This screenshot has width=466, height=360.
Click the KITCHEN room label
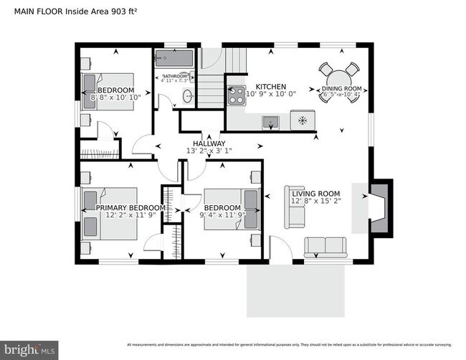[266, 86]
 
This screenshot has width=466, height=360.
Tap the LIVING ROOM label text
[315, 193]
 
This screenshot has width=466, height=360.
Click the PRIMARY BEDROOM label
[130, 208]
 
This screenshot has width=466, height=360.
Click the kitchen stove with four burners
[236, 95]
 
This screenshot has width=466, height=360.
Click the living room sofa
[325, 247]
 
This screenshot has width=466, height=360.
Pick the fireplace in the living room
[380, 208]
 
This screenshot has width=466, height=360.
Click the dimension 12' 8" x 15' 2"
[315, 202]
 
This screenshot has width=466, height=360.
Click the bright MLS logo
[28, 351]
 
